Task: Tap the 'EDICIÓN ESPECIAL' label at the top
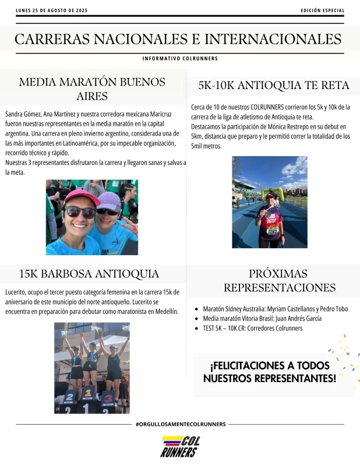click(322, 10)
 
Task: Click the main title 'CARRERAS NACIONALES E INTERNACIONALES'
click(178, 39)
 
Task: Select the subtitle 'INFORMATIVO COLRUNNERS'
click(180, 59)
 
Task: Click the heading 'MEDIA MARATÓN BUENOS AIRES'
click(92, 89)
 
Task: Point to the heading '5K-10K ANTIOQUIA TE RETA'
click(274, 86)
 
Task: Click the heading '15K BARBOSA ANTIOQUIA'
click(89, 274)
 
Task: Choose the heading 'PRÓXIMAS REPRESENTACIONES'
click(279, 280)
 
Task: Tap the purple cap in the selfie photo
click(109, 201)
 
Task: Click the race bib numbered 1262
click(272, 231)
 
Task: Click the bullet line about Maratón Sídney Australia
click(275, 309)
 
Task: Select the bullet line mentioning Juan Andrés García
click(262, 319)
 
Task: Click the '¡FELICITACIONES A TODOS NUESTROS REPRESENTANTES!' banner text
click(269, 372)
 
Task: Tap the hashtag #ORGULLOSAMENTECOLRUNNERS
click(180, 424)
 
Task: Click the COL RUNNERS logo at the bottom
click(180, 446)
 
